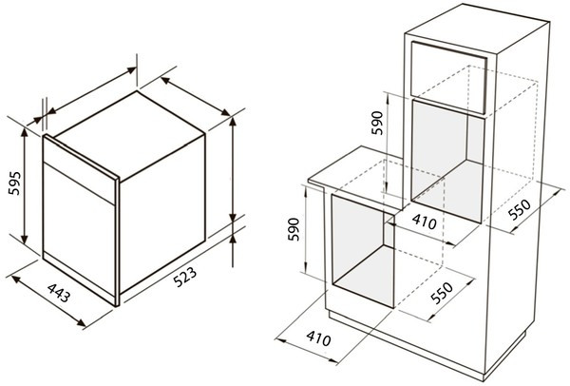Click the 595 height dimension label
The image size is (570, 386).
[x=14, y=183]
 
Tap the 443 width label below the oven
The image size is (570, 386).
[x=59, y=293]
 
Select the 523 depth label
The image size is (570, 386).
[x=184, y=277]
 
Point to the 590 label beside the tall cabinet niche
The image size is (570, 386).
[x=377, y=123]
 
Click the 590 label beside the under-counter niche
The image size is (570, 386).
[x=294, y=229]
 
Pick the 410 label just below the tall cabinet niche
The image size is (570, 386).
[x=425, y=222]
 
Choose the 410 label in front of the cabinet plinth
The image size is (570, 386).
[x=318, y=338]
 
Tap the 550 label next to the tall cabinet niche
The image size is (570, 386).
[x=520, y=210]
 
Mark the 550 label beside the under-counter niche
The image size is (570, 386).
[x=442, y=293]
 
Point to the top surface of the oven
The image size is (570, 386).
[x=129, y=135]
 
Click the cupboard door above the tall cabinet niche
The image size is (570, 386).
[x=448, y=77]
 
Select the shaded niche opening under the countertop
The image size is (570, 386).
[x=363, y=251]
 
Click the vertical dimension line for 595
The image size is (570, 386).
[x=25, y=185]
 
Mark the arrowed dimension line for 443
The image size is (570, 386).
[x=49, y=301]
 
